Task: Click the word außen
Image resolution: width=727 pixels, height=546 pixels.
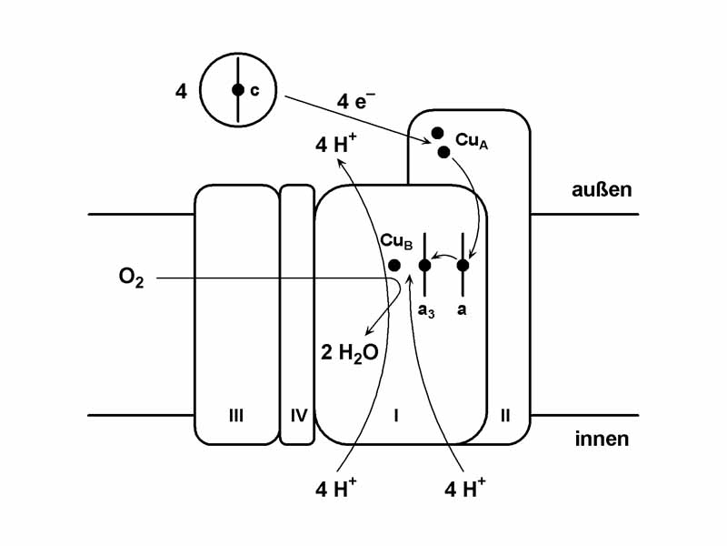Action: point(601,190)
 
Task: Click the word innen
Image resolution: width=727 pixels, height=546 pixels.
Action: point(602,440)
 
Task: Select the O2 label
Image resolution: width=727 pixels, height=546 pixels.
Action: point(131,278)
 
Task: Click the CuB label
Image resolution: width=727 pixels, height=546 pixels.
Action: point(397,241)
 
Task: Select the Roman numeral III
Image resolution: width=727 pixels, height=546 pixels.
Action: point(235,416)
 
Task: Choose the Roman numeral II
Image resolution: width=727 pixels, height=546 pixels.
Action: point(505,416)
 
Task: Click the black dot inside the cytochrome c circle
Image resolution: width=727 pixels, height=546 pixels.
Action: point(237,90)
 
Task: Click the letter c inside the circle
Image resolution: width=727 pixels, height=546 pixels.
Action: point(254,90)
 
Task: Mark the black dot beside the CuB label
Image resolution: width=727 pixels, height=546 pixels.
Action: point(394,265)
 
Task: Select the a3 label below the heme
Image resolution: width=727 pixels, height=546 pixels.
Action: point(424,310)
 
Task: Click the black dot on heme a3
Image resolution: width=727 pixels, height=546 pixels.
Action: point(424,265)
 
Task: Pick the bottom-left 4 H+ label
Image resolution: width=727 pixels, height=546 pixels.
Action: point(335,488)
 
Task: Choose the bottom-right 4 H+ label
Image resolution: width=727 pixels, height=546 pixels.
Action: point(464,488)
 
